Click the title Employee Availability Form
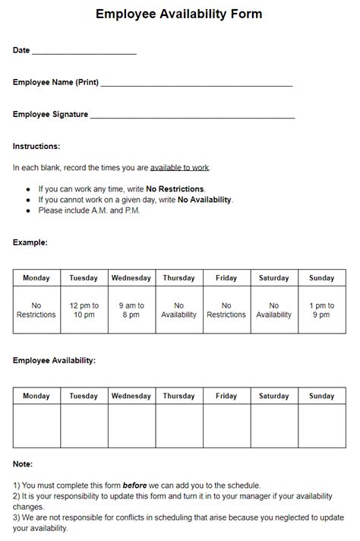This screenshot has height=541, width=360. tap(179, 14)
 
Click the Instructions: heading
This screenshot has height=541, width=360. tap(36, 146)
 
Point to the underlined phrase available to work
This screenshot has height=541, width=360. tap(179, 167)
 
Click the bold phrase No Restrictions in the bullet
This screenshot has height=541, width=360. tap(175, 188)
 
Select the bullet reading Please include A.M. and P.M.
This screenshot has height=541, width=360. tap(89, 210)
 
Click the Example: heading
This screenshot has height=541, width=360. tap(30, 242)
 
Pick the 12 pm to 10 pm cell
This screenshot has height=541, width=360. tap(84, 310)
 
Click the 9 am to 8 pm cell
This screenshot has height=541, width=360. tap(131, 310)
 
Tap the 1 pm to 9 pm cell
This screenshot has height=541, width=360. tap(321, 310)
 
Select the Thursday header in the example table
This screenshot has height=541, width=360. tap(178, 278)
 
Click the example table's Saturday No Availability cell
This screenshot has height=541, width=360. tap(273, 310)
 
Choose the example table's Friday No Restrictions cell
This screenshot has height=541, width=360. tap(226, 310)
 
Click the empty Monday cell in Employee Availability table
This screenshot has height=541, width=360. tap(36, 426)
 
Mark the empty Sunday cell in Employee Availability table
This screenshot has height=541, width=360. tap(321, 426)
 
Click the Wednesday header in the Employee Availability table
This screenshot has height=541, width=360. tap(131, 396)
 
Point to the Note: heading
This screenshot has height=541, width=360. tap(23, 463)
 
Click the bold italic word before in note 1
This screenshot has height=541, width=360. tap(134, 485)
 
